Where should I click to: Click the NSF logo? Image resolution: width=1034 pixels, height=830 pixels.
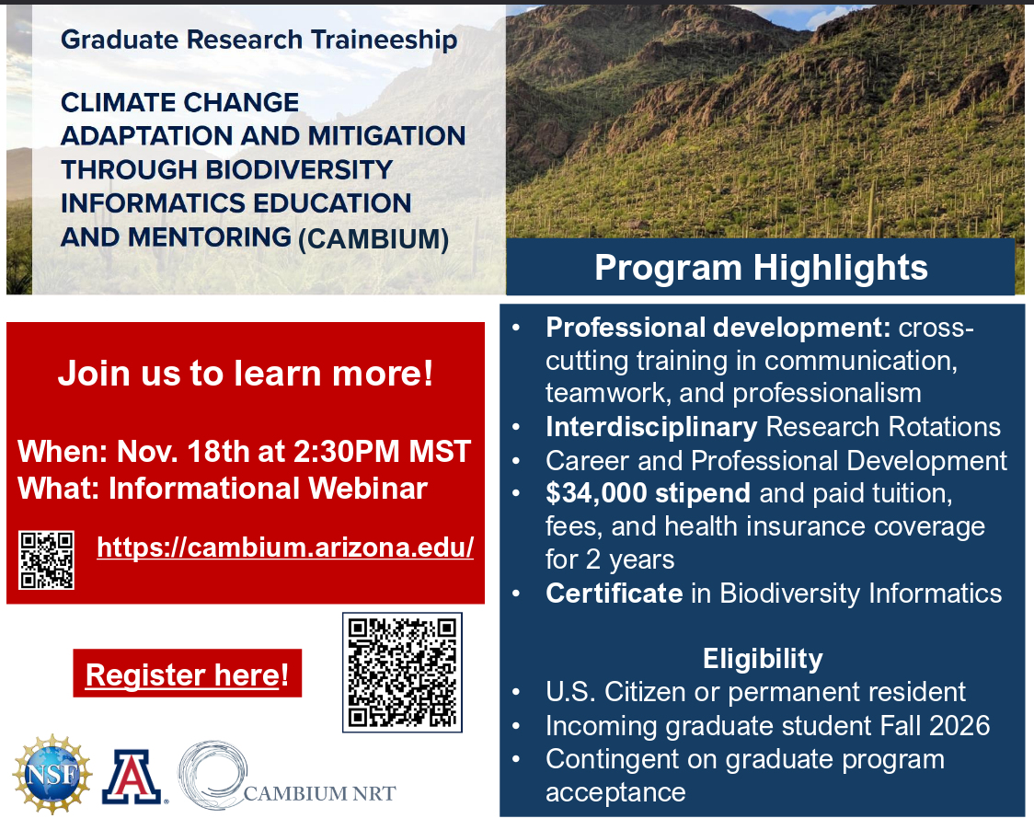[52, 773]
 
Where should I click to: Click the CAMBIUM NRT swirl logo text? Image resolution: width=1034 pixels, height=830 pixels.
[320, 793]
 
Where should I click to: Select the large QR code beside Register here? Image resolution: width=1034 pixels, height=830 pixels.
[402, 673]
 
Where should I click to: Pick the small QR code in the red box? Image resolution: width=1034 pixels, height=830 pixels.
[46, 559]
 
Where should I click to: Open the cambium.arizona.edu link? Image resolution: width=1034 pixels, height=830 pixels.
[285, 548]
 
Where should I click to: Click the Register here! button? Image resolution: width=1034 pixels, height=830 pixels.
[188, 674]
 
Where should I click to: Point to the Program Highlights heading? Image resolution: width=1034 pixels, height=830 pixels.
[761, 267]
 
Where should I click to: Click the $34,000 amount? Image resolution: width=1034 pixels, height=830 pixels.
[596, 493]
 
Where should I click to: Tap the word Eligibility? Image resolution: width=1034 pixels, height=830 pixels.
[763, 659]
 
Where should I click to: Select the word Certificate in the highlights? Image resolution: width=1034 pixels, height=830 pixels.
[614, 594]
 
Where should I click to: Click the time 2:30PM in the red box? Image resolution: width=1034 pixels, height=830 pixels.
[346, 452]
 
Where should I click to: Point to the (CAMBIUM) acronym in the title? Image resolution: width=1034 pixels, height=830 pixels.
[373, 238]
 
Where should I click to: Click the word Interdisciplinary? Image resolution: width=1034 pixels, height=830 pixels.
[651, 428]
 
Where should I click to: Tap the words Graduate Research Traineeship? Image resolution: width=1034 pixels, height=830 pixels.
[259, 40]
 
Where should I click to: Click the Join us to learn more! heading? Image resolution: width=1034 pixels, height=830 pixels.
[246, 374]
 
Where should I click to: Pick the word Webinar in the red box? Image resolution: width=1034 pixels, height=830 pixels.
[368, 489]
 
